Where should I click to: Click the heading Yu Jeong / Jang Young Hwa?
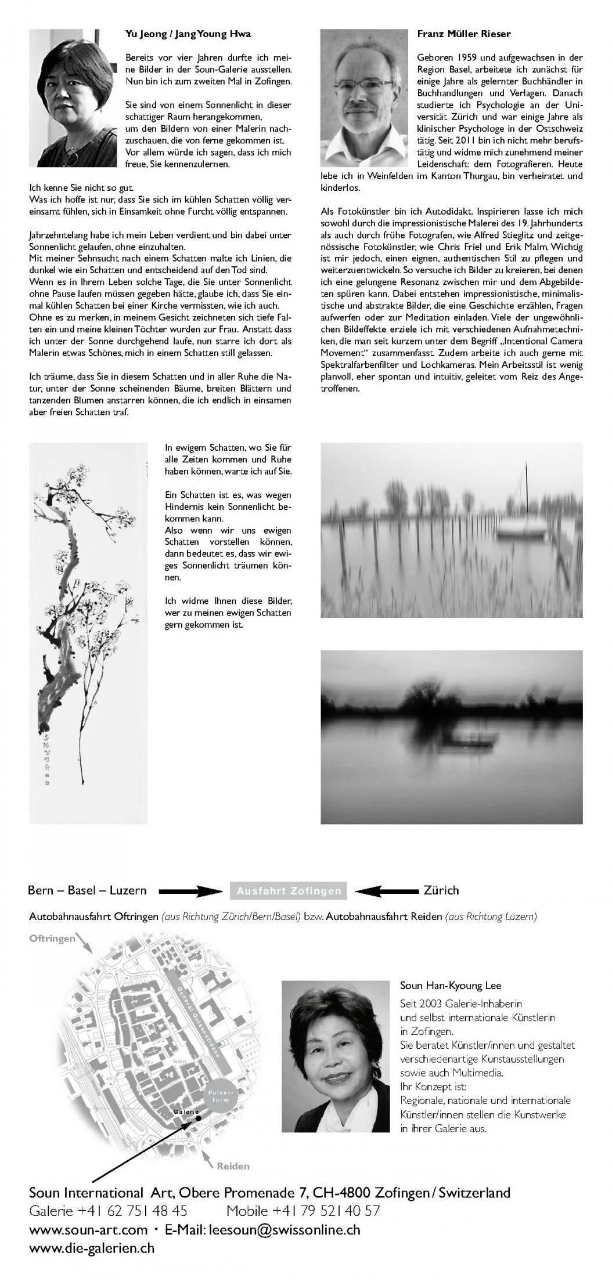(188, 34)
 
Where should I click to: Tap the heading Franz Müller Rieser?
(463, 34)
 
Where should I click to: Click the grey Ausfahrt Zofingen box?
(289, 890)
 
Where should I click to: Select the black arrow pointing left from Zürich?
(383, 890)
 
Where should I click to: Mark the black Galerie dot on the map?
(198, 1117)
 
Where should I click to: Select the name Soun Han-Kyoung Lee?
(450, 986)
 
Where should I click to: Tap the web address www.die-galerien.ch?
(92, 1247)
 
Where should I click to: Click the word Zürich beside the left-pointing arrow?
(441, 890)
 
